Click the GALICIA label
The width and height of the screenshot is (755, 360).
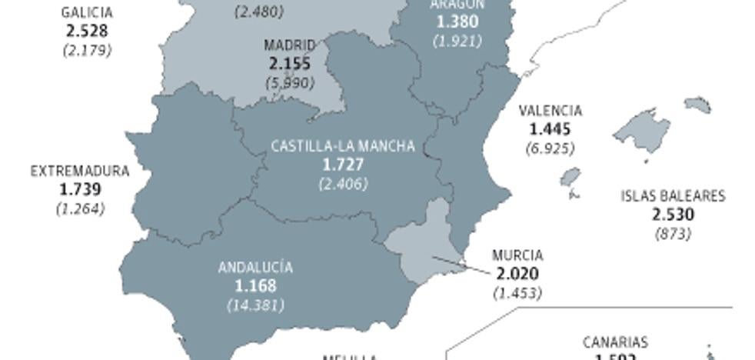pyautogui.click(x=87, y=13)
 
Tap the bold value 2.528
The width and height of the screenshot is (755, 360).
pyautogui.click(x=87, y=32)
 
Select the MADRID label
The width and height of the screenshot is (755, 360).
pyautogui.click(x=290, y=45)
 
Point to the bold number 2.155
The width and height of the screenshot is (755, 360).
pyautogui.click(x=290, y=64)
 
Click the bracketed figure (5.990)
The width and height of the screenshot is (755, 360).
pyautogui.click(x=290, y=82)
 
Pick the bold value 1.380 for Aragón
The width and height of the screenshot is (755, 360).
pyautogui.click(x=457, y=22)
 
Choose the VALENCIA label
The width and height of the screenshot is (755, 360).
pyautogui.click(x=550, y=111)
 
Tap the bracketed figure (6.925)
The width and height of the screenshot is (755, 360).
pyautogui.click(x=550, y=147)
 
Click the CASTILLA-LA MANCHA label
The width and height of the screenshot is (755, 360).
pyautogui.click(x=343, y=146)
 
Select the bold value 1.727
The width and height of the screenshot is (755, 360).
pyautogui.click(x=343, y=165)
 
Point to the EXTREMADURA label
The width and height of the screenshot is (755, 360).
pyautogui.click(x=80, y=172)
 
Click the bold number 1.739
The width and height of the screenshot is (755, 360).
pyautogui.click(x=80, y=189)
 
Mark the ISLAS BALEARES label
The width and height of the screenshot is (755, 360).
pyautogui.click(x=673, y=196)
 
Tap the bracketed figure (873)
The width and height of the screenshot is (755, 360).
pyautogui.click(x=673, y=233)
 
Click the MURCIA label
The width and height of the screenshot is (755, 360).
pyautogui.click(x=517, y=255)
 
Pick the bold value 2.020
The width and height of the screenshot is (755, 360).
pyautogui.click(x=517, y=274)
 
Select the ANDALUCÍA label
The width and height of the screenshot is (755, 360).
pyautogui.click(x=255, y=268)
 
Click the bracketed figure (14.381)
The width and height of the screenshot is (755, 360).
pyautogui.click(x=255, y=305)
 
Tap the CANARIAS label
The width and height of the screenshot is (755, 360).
pyautogui.click(x=615, y=342)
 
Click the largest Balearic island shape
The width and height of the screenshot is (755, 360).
pyautogui.click(x=640, y=128)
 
